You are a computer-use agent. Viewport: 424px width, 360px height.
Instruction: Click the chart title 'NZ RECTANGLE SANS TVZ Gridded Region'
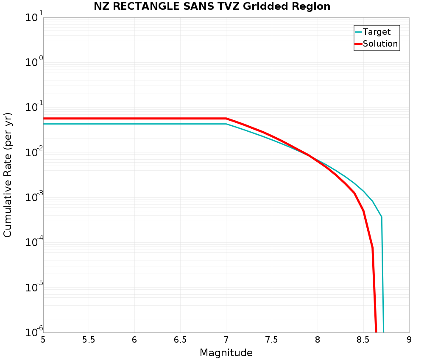[212, 6]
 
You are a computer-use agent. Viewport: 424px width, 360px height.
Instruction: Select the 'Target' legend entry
[377, 32]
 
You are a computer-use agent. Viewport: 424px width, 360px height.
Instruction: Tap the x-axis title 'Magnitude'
[226, 353]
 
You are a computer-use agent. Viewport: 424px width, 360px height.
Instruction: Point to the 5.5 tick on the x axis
[89, 340]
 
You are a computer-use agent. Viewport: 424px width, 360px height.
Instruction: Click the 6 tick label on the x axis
[134, 340]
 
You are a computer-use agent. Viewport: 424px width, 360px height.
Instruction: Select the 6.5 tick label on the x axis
[180, 340]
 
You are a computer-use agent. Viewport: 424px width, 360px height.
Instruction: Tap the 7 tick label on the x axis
[226, 340]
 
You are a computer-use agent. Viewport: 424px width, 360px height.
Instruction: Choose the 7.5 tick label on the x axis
[272, 340]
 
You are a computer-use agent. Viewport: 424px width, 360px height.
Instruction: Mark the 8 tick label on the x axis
[318, 340]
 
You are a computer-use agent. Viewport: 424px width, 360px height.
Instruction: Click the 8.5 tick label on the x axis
[363, 340]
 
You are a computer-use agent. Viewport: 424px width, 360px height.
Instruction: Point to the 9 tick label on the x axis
[409, 340]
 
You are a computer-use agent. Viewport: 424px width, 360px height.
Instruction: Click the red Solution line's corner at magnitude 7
[226, 118]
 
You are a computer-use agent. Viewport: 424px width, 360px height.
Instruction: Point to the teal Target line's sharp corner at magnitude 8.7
[382, 217]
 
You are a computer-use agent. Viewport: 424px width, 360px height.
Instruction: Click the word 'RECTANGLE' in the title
[142, 6]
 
